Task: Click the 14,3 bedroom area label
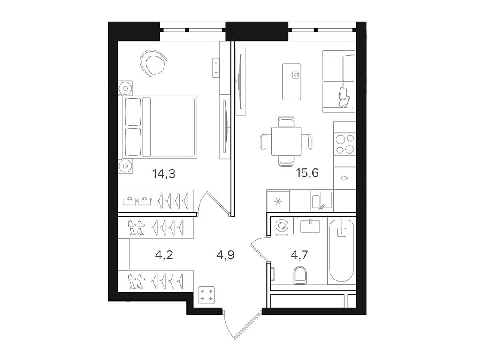(x=164, y=174)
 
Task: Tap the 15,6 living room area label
(x=307, y=173)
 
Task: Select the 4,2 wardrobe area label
(x=164, y=255)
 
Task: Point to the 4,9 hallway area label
(x=225, y=255)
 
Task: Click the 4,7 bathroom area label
(x=299, y=255)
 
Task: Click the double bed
(x=158, y=127)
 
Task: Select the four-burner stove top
(x=345, y=144)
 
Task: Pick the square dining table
(x=286, y=141)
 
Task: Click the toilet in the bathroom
(x=300, y=276)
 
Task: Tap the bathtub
(x=341, y=250)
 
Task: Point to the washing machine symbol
(x=282, y=225)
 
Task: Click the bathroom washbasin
(x=310, y=226)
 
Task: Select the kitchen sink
(x=322, y=200)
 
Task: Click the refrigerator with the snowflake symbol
(x=278, y=201)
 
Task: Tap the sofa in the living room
(x=339, y=82)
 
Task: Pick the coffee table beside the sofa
(x=292, y=82)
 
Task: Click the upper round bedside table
(x=126, y=88)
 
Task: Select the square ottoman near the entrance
(x=206, y=295)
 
